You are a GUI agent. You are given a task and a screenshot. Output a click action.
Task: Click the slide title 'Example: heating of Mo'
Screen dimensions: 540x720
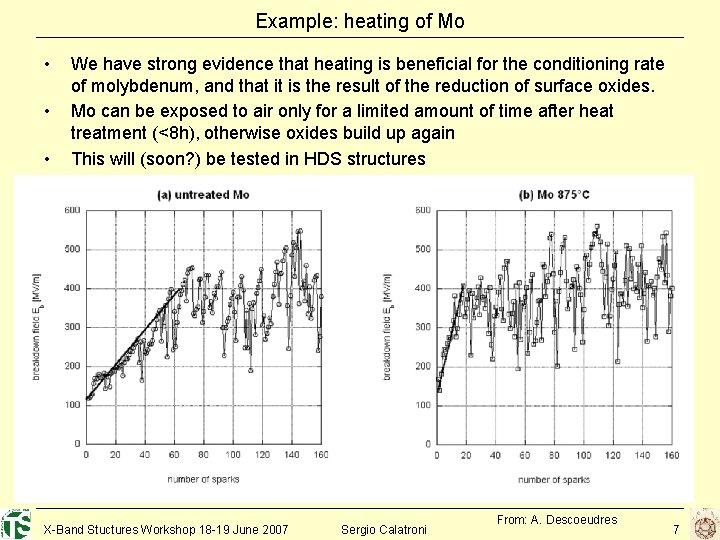click(x=360, y=20)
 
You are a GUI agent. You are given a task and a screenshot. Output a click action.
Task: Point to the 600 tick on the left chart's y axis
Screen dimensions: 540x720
click(x=72, y=209)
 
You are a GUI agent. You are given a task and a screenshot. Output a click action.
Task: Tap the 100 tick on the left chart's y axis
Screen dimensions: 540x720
click(x=72, y=405)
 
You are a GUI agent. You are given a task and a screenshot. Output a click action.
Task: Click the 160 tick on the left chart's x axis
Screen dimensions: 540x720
click(x=319, y=455)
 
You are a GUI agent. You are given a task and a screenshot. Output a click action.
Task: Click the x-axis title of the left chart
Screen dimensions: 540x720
click(x=204, y=479)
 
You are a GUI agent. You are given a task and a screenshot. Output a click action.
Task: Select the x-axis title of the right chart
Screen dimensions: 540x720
click(x=554, y=479)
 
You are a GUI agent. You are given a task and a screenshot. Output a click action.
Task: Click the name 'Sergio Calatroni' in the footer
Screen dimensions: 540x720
click(x=384, y=528)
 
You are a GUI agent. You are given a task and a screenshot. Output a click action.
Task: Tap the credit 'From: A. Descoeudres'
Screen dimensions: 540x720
click(x=557, y=519)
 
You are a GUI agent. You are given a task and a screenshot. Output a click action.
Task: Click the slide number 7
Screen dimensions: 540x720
click(x=676, y=528)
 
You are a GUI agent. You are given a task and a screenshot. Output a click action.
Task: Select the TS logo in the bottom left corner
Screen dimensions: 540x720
click(x=16, y=523)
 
